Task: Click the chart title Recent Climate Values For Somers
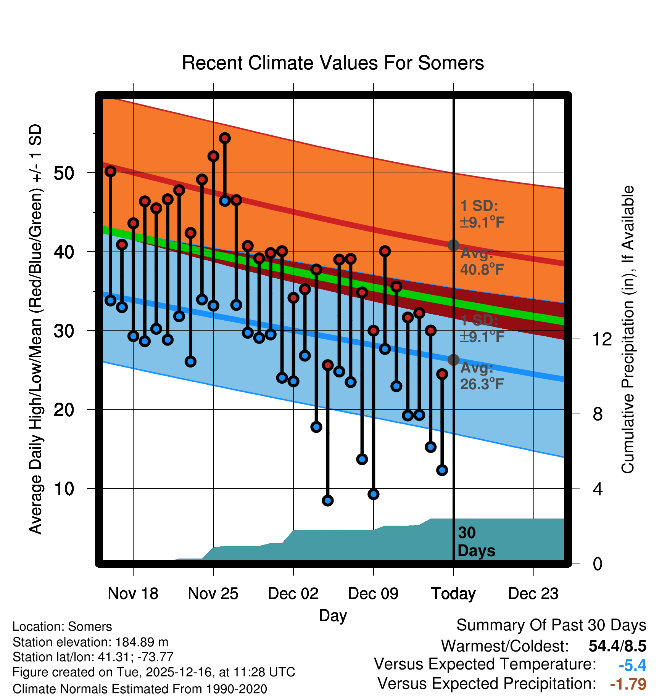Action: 333,63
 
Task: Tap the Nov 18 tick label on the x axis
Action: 133,594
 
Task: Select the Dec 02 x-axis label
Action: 293,594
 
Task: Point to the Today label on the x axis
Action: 453,594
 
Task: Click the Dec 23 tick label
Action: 533,594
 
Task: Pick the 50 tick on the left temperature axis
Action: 64,173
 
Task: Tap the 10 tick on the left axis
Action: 64,489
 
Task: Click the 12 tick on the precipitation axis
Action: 602,339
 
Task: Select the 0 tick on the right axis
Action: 598,564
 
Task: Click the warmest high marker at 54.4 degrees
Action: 225,138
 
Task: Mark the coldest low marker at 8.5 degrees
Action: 328,500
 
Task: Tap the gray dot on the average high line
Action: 453,245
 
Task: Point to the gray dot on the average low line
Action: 453,360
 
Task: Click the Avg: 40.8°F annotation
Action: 482,262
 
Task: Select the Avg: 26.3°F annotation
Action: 482,376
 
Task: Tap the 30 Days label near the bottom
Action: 476,542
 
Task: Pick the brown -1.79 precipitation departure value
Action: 628,684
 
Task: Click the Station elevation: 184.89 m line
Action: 90,642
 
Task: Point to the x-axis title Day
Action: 333,615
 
